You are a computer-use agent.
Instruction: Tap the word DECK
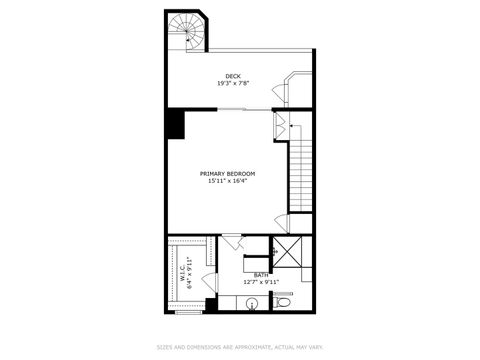[233, 76]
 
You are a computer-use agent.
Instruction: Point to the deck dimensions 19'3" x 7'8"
[233, 83]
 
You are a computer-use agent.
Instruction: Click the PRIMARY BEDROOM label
[228, 174]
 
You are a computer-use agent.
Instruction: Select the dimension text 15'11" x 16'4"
[228, 181]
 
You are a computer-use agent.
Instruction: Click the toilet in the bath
[283, 301]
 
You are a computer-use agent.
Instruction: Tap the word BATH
[261, 275]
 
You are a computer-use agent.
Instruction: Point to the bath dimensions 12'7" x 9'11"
[261, 282]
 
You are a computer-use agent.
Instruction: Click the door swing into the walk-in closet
[211, 253]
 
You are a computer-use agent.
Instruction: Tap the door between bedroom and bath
[232, 240]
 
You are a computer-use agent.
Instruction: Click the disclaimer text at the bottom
[240, 347]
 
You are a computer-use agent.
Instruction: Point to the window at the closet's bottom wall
[188, 312]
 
